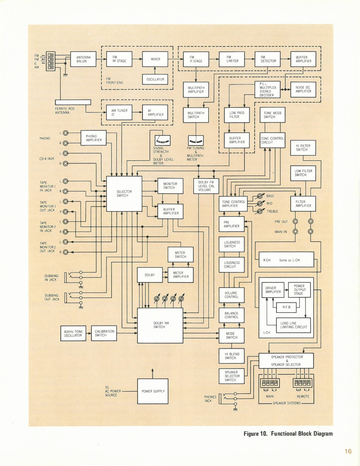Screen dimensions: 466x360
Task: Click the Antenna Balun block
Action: tap(83, 59)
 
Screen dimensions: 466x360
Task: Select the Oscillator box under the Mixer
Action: tap(155, 79)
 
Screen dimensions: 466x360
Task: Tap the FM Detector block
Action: tap(268, 59)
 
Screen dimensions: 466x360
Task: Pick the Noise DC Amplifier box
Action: tap(303, 89)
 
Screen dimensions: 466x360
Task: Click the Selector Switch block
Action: tap(124, 194)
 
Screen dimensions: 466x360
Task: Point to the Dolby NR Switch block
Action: tap(160, 325)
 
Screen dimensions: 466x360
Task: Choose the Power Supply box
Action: tap(153, 391)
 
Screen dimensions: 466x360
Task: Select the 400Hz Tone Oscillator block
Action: tap(73, 333)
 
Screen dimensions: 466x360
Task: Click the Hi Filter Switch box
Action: tap(303, 148)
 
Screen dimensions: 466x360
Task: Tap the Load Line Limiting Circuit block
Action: tap(294, 325)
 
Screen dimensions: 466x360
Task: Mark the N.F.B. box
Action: tap(287, 307)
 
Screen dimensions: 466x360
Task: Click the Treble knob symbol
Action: tap(260, 211)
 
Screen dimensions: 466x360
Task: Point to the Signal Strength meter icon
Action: tap(162, 141)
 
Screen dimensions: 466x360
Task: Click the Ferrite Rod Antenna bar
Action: tap(73, 102)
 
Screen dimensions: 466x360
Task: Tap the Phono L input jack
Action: tap(65, 133)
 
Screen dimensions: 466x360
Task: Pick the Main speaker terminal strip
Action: tap(270, 383)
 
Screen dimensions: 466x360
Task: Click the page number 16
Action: tap(348, 451)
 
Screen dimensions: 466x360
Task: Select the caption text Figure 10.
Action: tap(255, 434)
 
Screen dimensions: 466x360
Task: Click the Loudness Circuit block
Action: tap(231, 265)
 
